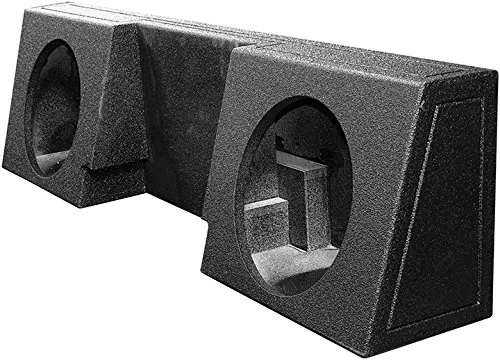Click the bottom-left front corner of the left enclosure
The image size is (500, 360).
click(x=8, y=179)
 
